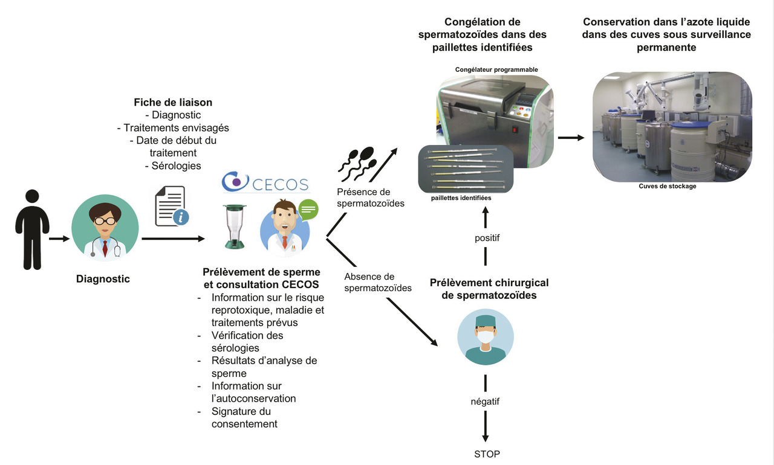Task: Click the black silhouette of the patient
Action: click(32, 229)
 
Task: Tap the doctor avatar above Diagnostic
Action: click(105, 228)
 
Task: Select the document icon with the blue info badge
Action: click(172, 206)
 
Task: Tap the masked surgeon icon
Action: click(486, 336)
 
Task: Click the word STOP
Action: click(487, 454)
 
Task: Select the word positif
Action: click(487, 238)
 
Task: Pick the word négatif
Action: click(486, 401)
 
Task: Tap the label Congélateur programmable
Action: click(496, 70)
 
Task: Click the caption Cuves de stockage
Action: click(668, 186)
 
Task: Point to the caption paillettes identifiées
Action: click(461, 197)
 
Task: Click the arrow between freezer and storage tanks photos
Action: click(571, 138)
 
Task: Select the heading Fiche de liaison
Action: click(173, 103)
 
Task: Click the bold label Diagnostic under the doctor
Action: click(103, 279)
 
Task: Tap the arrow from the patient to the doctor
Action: click(60, 239)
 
